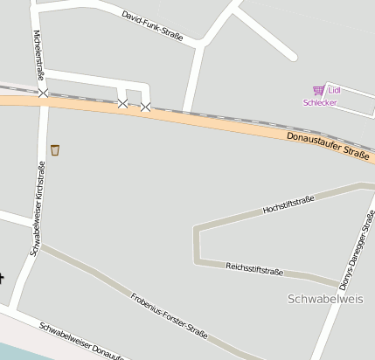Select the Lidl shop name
(335, 90)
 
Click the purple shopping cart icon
(318, 90)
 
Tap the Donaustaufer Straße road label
(328, 146)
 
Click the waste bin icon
(55, 149)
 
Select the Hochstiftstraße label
(288, 206)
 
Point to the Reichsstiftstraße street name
(253, 268)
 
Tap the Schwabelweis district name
(324, 299)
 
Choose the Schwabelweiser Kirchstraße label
(38, 208)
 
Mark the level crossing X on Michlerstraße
(43, 91)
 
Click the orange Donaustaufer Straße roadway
(201, 122)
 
